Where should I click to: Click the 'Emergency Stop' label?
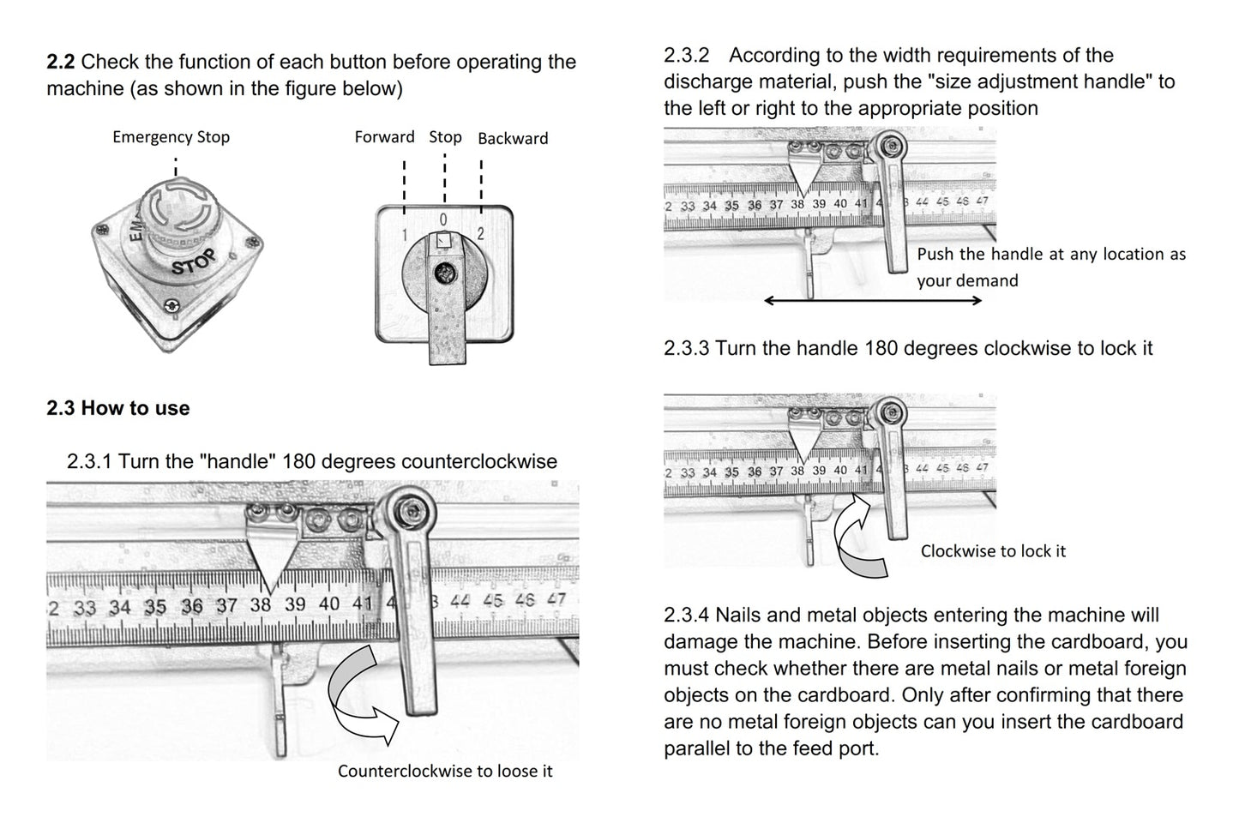171,136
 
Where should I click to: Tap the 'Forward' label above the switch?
384,136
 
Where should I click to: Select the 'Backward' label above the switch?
513,138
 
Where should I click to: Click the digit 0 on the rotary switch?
443,219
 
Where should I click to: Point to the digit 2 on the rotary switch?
481,234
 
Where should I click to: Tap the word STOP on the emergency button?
193,261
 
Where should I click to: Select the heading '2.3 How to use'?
117,408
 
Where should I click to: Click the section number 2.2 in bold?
60,62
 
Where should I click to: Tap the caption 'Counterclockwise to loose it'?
445,771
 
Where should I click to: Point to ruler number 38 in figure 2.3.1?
261,604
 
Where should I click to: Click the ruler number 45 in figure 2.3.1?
493,601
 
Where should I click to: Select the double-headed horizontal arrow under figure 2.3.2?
873,301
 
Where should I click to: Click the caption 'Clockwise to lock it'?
993,551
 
